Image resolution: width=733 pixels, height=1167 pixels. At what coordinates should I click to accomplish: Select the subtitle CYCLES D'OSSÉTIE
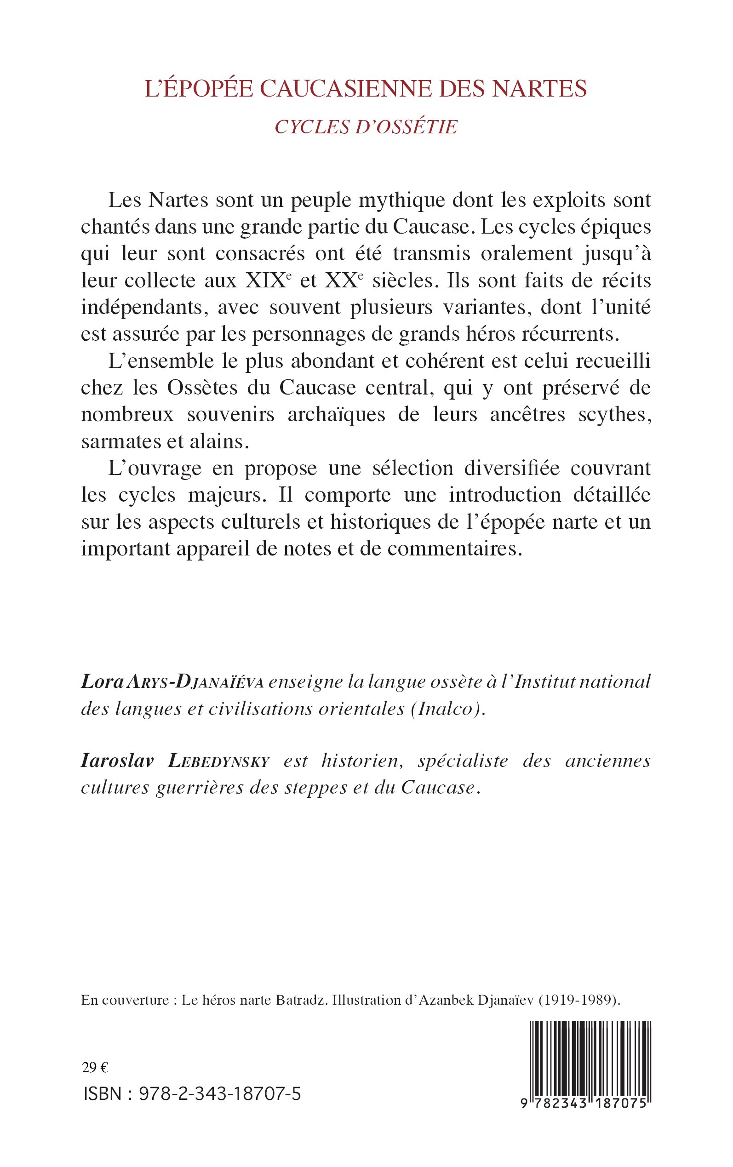pyautogui.click(x=366, y=127)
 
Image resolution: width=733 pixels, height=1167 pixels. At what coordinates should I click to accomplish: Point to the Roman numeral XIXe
pyautogui.click(x=270, y=280)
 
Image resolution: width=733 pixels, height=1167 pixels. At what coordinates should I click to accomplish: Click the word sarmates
pyautogui.click(x=117, y=442)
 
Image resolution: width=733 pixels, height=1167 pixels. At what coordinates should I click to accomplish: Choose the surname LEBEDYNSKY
pyautogui.click(x=218, y=761)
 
